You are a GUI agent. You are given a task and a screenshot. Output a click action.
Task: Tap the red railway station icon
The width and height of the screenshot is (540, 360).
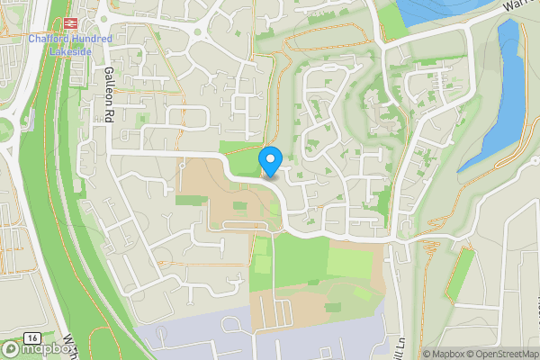pyautogui.click(x=69, y=24)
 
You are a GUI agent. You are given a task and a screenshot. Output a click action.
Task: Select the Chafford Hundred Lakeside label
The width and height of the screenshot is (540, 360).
pyautogui.click(x=69, y=44)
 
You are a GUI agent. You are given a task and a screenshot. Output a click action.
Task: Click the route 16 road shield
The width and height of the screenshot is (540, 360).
pyautogui.click(x=32, y=337)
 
